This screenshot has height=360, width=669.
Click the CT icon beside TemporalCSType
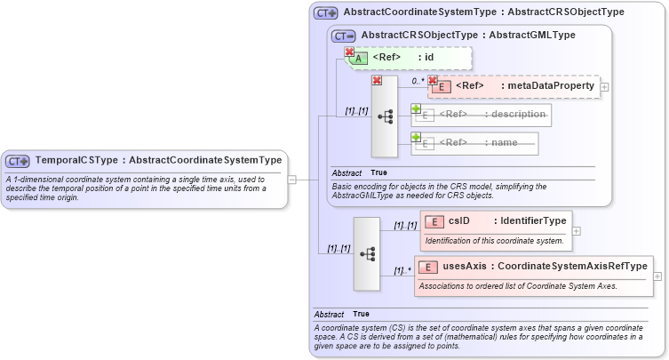coord(18,161)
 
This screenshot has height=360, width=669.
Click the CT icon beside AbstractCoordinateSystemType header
coord(326,13)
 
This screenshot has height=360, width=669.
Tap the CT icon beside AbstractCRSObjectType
coord(344,36)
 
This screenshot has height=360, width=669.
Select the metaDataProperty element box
coord(514,86)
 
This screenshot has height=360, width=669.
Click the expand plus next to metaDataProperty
coord(604,87)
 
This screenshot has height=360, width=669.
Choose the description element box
coord(481,115)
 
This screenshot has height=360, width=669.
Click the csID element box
coord(495,221)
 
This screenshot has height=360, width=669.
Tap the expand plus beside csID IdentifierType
coord(577,230)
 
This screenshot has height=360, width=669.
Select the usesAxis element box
coord(534,267)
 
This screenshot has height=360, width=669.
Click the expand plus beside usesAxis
coord(657,276)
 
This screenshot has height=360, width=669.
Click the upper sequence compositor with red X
coord(385,116)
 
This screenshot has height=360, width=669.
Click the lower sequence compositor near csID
coord(367,253)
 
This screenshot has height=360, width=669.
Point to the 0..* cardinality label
coord(417,81)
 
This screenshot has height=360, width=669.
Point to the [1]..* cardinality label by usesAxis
coord(402,270)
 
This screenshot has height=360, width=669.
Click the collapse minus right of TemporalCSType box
coord(293,179)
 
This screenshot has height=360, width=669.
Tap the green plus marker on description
coord(416,108)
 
